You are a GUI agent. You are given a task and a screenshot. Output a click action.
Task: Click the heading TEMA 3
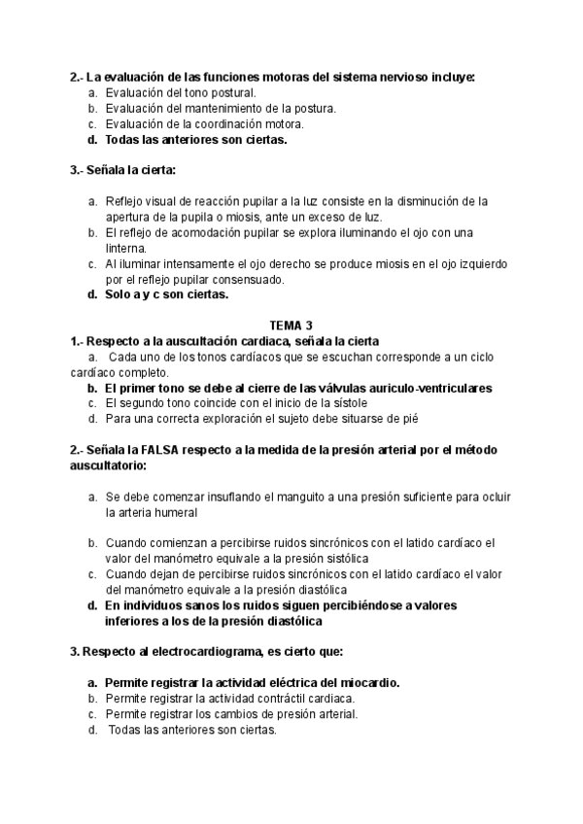pyautogui.click(x=291, y=326)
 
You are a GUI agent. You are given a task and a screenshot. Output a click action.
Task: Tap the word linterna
pyautogui.click(x=128, y=248)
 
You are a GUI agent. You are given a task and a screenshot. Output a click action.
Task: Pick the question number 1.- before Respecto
pyautogui.click(x=78, y=340)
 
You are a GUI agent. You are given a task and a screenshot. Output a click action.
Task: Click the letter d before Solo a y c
pyautogui.click(x=91, y=294)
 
